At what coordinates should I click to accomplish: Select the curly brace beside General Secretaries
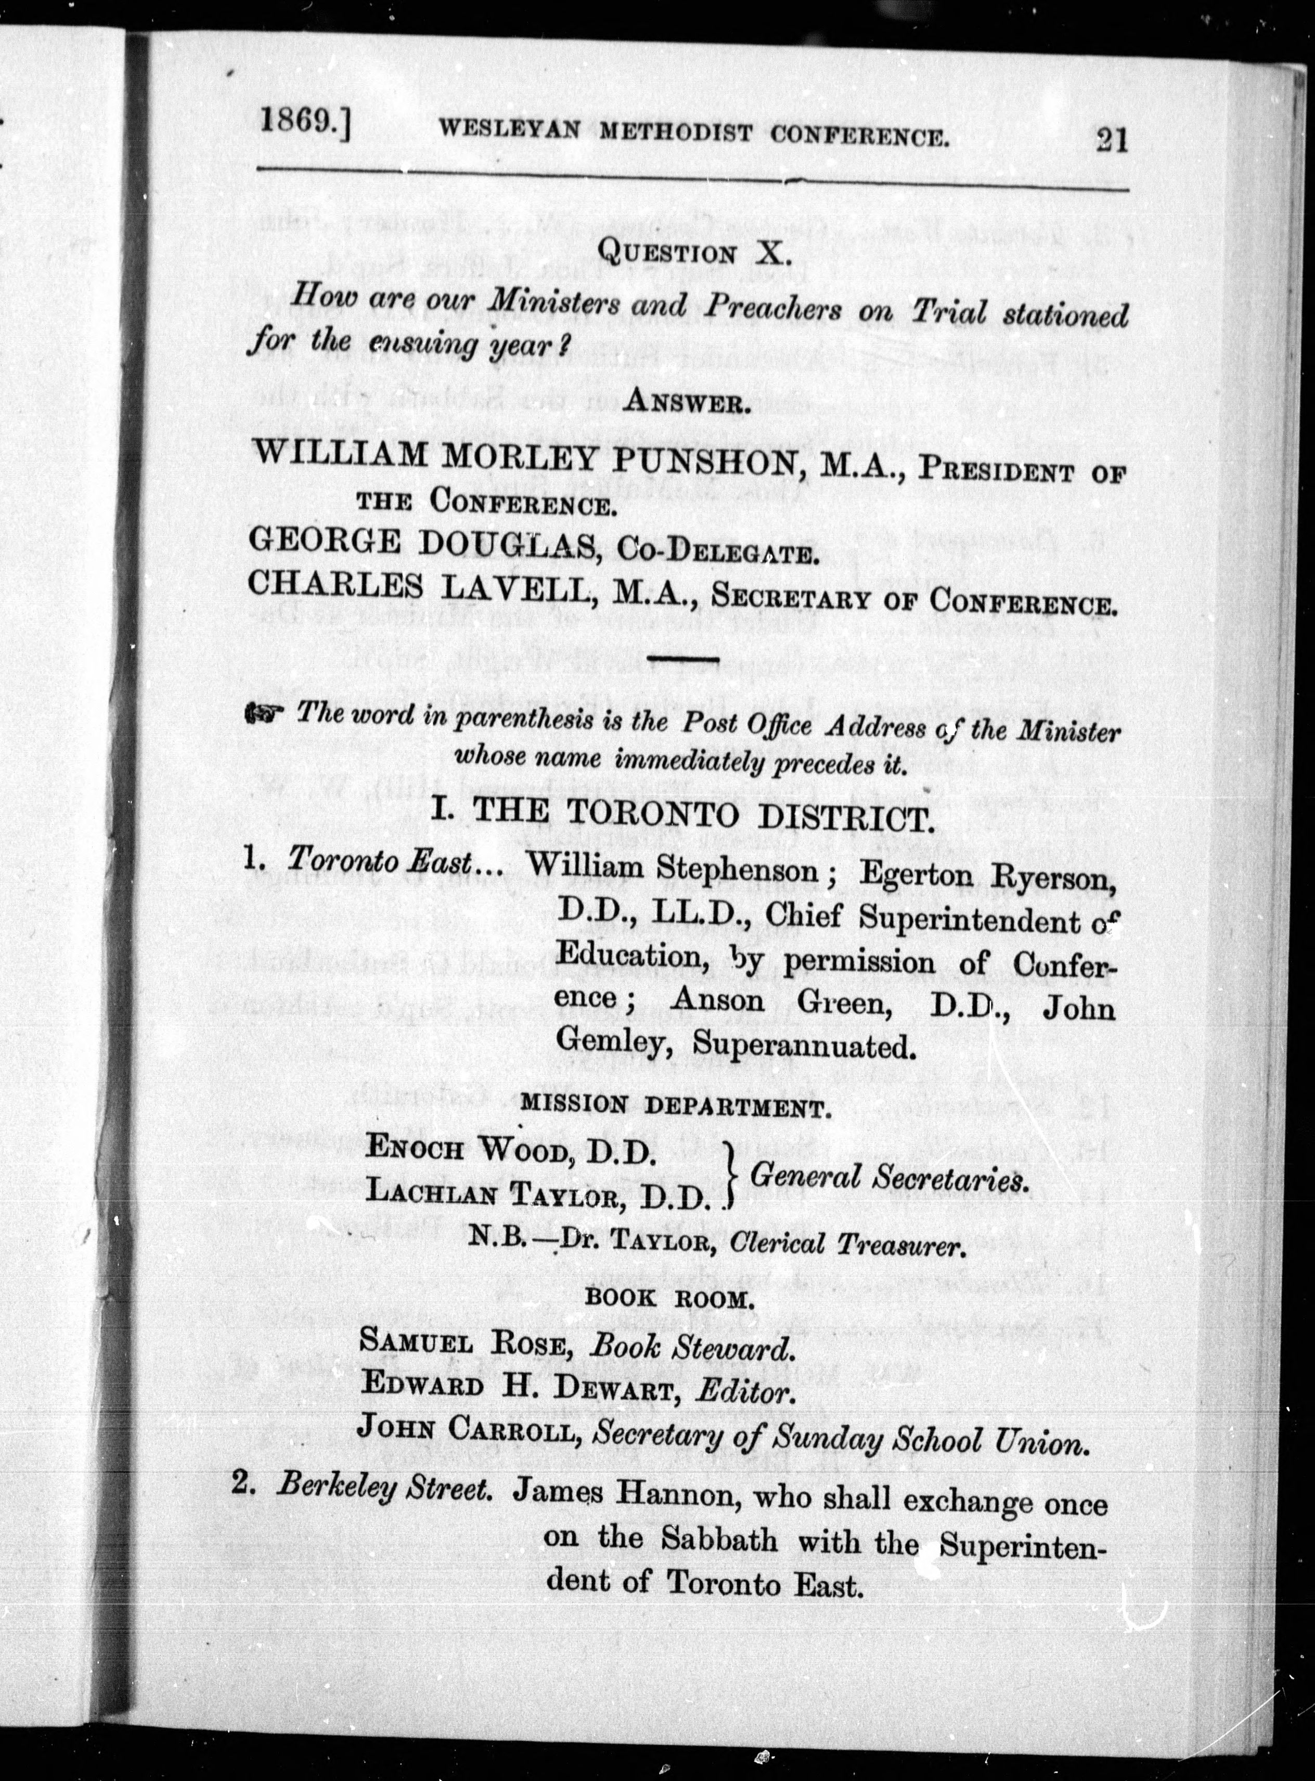point(727,1174)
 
